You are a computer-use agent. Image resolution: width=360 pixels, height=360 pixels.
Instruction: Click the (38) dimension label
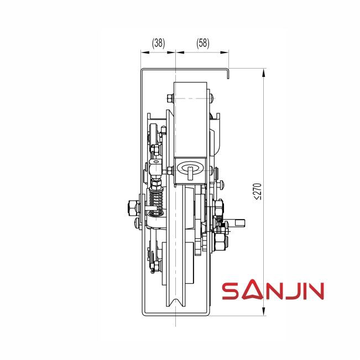158,43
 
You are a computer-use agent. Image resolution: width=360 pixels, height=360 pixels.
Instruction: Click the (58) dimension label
203,43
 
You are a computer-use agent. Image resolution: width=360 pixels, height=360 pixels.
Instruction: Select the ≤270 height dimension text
258,191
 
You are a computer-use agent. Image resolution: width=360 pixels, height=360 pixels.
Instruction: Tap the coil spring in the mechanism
156,199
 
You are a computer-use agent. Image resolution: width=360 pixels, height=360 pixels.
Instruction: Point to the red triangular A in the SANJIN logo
252,290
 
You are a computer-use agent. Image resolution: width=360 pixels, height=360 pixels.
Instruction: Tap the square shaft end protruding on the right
239,222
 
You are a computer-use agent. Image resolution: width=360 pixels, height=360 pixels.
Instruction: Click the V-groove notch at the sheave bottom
176,302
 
